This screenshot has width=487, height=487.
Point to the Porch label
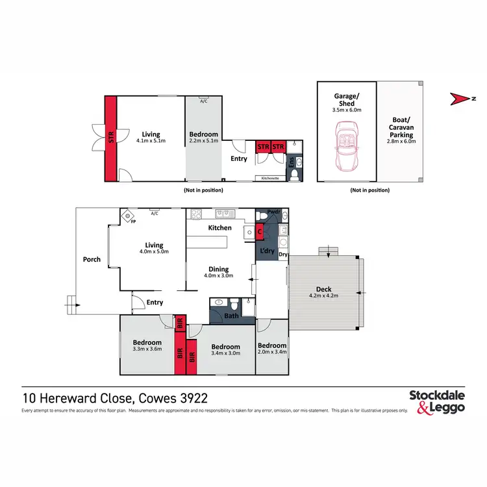coord(92,259)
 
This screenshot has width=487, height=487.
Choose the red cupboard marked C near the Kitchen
coord(259,230)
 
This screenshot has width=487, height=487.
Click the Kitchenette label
coord(270,177)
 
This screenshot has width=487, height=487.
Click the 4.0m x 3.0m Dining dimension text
coord(218,275)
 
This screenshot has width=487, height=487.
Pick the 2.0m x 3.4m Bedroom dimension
coord(271,354)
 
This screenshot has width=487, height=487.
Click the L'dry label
coord(267,250)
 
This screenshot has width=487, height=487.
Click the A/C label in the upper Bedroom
coord(203,101)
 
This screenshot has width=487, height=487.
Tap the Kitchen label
coord(219,228)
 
